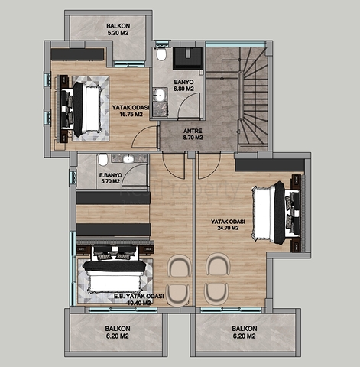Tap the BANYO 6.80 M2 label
point(183,85)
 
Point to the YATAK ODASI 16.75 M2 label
point(129,112)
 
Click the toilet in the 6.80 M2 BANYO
point(161,55)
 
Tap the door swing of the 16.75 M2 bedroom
point(142,138)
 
